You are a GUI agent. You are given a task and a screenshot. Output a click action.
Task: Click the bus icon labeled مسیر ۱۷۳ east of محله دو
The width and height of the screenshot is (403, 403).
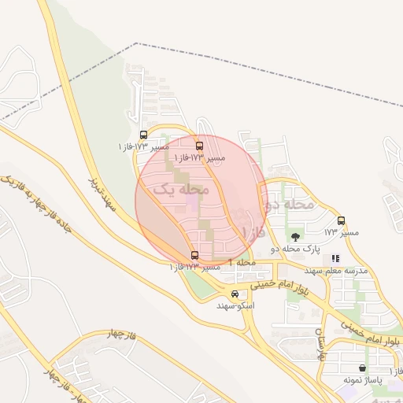coord(341,220)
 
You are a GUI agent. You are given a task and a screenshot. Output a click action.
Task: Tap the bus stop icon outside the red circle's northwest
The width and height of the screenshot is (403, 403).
coord(142,135)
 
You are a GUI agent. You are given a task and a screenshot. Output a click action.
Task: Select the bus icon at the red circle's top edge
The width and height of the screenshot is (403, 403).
coord(198,146)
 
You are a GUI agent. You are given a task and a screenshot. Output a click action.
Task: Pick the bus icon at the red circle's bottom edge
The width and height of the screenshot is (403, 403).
coord(195,255)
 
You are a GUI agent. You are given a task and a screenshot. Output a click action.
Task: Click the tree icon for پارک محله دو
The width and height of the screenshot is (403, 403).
coord(295,236)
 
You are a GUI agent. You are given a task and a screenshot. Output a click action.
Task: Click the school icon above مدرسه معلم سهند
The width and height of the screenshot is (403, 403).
coord(335,258)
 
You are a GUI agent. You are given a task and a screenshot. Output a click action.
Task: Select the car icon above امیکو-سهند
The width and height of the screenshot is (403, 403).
coord(235,294)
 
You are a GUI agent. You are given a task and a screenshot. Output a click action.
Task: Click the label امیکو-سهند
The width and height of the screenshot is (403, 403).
coord(235,305)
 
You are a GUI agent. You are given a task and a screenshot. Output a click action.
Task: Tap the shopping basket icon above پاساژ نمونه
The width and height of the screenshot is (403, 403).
coord(362,368)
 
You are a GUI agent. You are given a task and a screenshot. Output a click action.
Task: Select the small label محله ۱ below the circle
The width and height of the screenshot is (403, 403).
coord(242,261)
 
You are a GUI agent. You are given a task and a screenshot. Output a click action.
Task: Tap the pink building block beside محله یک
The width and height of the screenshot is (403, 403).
coord(192,204)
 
